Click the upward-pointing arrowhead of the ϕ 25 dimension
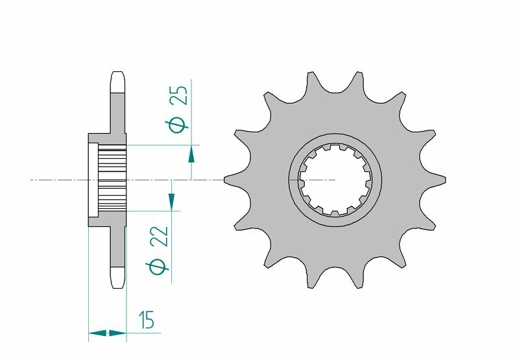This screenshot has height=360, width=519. pyautogui.click(x=191, y=154)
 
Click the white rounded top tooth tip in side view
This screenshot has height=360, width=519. pyautogui.click(x=118, y=82)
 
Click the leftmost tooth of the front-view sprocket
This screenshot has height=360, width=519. pyautogui.click(x=231, y=179)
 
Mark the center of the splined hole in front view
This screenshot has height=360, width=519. pyautogui.click(x=335, y=179)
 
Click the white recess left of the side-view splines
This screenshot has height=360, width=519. pyautogui.click(x=93, y=179)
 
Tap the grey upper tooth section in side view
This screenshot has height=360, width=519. pyautogui.click(x=118, y=114)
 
